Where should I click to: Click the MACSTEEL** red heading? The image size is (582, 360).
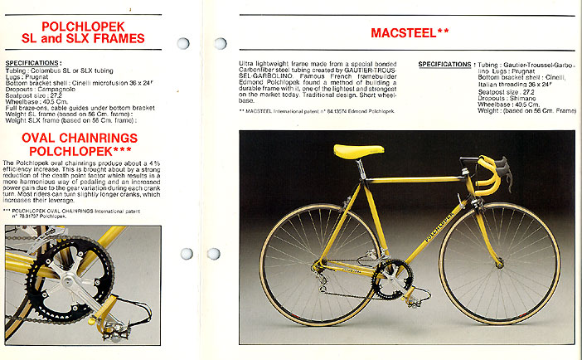pos(409,34)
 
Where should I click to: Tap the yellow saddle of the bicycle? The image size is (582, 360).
pos(358,151)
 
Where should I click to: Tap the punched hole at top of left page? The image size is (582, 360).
pos(183,43)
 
